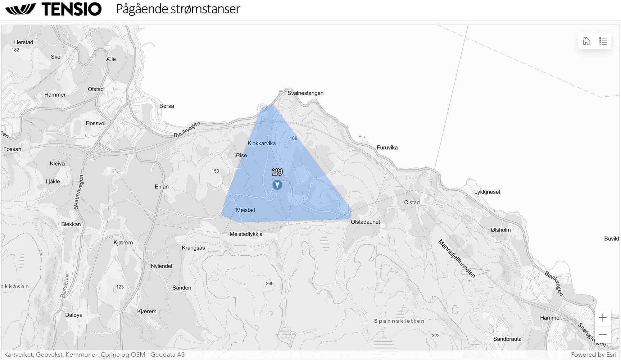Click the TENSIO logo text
(71, 9)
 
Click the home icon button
(586, 41)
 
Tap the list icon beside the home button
(603, 41)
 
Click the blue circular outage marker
(277, 185)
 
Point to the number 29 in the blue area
(277, 172)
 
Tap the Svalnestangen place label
(305, 93)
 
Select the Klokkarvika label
(261, 144)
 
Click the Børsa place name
(167, 106)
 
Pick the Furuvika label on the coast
(387, 148)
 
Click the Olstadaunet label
(365, 222)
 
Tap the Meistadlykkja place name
(246, 234)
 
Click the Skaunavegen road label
(79, 192)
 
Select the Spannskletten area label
(399, 321)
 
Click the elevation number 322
(436, 336)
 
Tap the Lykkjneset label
(487, 192)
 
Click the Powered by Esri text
(593, 355)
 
